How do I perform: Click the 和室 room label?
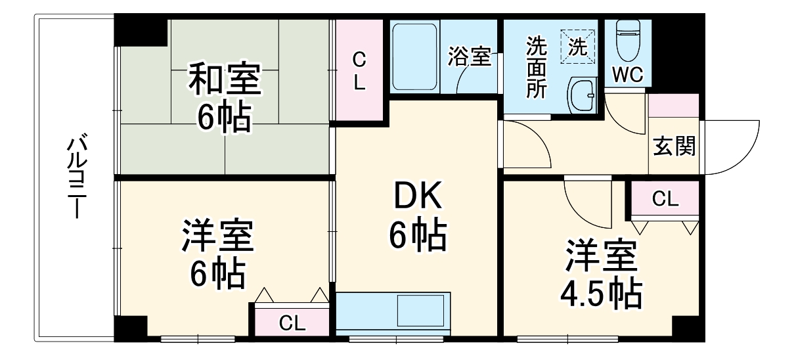pos(225,79)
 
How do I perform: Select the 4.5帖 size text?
pos(600,295)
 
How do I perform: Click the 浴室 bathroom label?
pos(470,56)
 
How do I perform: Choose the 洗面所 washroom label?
pos(536,68)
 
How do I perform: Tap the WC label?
pos(627,74)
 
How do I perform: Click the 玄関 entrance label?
pos(674,147)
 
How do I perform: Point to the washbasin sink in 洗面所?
pos(581,96)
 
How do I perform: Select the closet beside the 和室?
pos(359,71)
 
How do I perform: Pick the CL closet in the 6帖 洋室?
pos(292,323)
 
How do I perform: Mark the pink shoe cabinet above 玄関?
pos(673,105)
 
